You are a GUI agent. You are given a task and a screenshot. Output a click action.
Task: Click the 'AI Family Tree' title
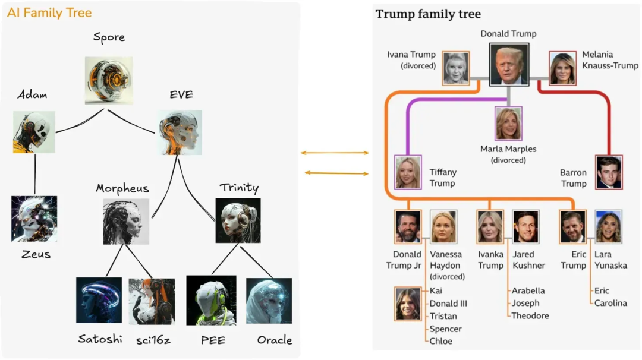point(49,12)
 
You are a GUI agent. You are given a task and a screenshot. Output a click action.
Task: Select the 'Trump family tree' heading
point(428,14)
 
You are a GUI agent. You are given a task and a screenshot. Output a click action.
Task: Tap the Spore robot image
point(109,81)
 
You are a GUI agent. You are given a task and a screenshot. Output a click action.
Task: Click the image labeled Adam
point(34,132)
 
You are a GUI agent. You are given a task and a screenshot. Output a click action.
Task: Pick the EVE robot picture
point(180,132)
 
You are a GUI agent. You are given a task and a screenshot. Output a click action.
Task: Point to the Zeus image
point(34,219)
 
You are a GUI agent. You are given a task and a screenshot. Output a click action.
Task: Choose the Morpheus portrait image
point(125,222)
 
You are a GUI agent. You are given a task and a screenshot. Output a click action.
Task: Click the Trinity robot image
point(238,220)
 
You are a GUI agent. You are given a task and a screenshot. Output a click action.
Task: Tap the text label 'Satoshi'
point(100,339)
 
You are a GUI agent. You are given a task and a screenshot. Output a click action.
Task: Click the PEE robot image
point(211,300)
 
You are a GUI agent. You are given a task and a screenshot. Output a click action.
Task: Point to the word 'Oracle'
point(275,340)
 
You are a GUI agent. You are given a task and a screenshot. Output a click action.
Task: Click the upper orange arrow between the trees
point(335,153)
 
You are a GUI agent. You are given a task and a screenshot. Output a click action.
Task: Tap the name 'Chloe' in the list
point(440,341)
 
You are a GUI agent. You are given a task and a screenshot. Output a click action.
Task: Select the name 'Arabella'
point(528,291)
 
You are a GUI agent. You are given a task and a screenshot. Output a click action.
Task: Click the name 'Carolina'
point(610,303)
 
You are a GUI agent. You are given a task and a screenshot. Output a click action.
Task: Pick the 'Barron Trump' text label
point(573,178)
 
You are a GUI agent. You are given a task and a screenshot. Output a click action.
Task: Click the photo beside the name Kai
point(408,304)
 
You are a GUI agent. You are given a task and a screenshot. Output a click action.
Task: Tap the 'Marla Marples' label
point(508,149)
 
